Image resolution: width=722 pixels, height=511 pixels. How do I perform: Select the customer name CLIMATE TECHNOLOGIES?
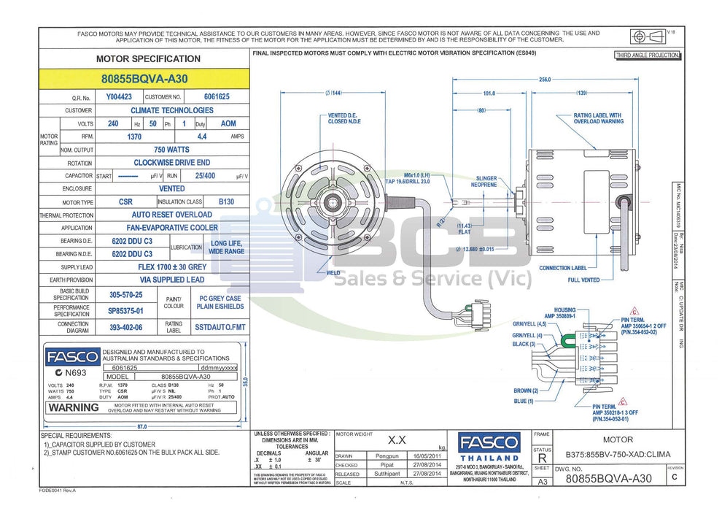pyautogui.click(x=172, y=110)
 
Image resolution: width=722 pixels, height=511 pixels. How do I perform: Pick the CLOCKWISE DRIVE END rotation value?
pyautogui.click(x=172, y=163)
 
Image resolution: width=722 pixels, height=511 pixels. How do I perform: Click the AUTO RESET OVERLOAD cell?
pyautogui.click(x=172, y=215)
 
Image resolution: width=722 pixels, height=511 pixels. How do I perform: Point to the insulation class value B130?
pyautogui.click(x=226, y=201)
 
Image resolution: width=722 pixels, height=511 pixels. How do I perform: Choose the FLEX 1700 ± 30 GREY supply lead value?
pyautogui.click(x=172, y=267)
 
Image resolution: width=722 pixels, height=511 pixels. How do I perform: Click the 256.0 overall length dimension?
pyautogui.click(x=544, y=80)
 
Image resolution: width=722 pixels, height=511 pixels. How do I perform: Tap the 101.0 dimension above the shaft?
pyautogui.click(x=489, y=93)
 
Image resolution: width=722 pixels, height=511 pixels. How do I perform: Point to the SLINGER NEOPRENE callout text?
pyautogui.click(x=486, y=182)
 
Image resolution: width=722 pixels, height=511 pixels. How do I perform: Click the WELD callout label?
pyautogui.click(x=333, y=273)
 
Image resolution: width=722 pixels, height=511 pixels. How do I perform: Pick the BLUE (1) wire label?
pyautogui.click(x=524, y=401)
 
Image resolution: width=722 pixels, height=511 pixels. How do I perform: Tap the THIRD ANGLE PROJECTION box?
pyautogui.click(x=647, y=55)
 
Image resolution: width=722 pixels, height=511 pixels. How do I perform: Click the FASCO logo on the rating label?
pyautogui.click(x=71, y=357)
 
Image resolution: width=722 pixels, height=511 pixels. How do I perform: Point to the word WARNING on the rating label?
pyautogui.click(x=74, y=407)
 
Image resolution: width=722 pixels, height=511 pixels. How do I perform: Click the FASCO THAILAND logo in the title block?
pyautogui.click(x=489, y=446)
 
